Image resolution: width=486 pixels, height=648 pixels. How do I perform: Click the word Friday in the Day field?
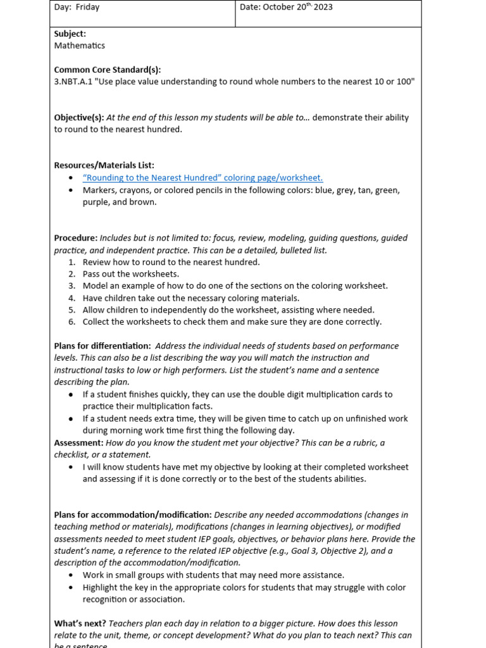(87, 8)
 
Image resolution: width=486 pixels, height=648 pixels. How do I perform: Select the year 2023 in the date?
(323, 8)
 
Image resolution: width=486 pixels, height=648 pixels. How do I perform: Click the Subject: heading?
(70, 34)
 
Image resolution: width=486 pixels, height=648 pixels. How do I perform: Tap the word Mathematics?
(80, 46)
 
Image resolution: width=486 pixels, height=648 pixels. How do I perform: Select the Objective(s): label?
(79, 118)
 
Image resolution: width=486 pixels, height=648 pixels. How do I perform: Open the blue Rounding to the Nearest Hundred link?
(202, 178)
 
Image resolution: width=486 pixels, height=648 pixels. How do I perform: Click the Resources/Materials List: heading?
(104, 165)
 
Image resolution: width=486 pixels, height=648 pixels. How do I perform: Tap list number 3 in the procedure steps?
(72, 286)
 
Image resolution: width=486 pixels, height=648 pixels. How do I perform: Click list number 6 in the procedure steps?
(72, 322)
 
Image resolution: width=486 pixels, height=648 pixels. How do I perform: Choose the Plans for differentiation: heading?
(103, 346)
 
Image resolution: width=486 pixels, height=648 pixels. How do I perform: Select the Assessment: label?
(78, 443)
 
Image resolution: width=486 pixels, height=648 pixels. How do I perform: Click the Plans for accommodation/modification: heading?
(133, 515)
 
